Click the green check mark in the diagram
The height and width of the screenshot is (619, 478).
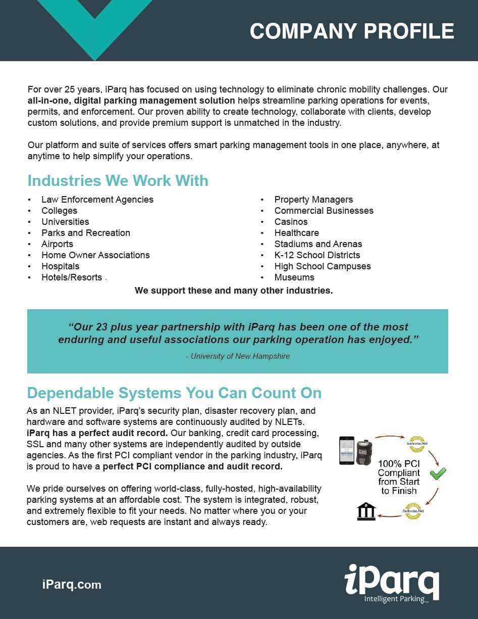click(x=438, y=473)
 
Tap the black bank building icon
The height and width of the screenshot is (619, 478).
click(x=366, y=511)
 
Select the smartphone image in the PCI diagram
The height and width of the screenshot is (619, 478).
click(x=347, y=450)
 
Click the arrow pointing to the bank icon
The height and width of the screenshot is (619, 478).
click(x=389, y=515)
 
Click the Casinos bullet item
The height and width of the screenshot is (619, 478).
click(x=291, y=222)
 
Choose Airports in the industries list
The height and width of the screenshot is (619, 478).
click(x=57, y=244)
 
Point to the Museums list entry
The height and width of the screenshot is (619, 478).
click(x=294, y=277)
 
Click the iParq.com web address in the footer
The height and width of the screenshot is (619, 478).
click(x=72, y=585)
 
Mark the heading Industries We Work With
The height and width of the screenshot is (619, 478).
click(x=118, y=181)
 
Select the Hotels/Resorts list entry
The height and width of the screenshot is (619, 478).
click(x=72, y=277)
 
